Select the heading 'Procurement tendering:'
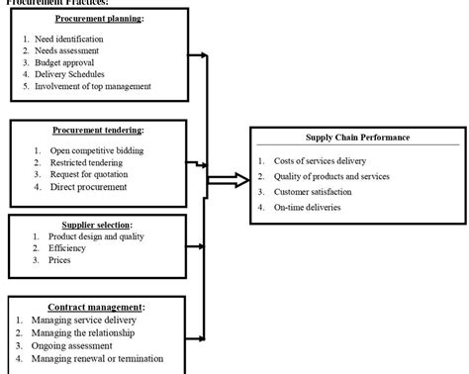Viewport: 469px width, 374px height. click(97, 131)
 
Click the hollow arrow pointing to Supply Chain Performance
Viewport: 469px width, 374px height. click(230, 180)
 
